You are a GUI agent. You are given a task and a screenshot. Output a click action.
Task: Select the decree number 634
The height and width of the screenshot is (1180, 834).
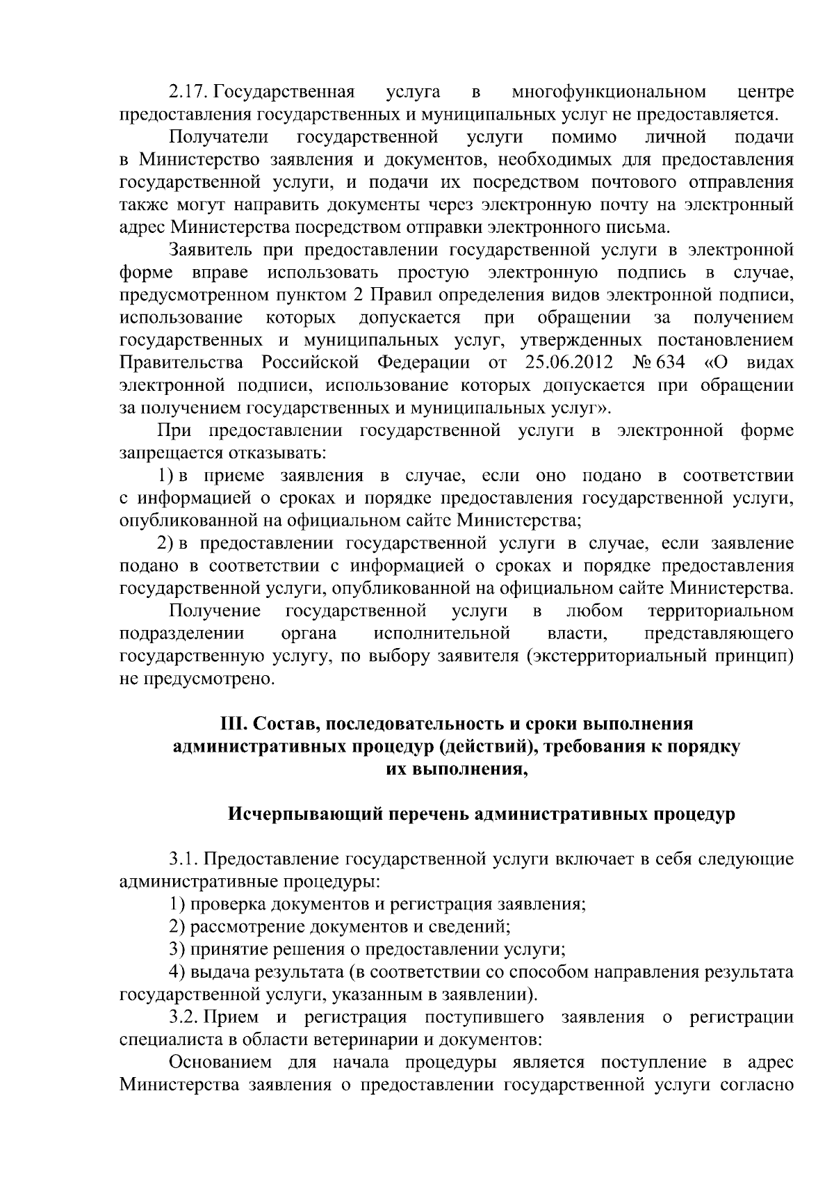[670, 363]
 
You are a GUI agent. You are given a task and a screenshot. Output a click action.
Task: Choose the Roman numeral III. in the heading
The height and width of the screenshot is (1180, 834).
[233, 723]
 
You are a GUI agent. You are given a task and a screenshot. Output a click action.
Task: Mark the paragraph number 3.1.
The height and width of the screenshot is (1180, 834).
[184, 859]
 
